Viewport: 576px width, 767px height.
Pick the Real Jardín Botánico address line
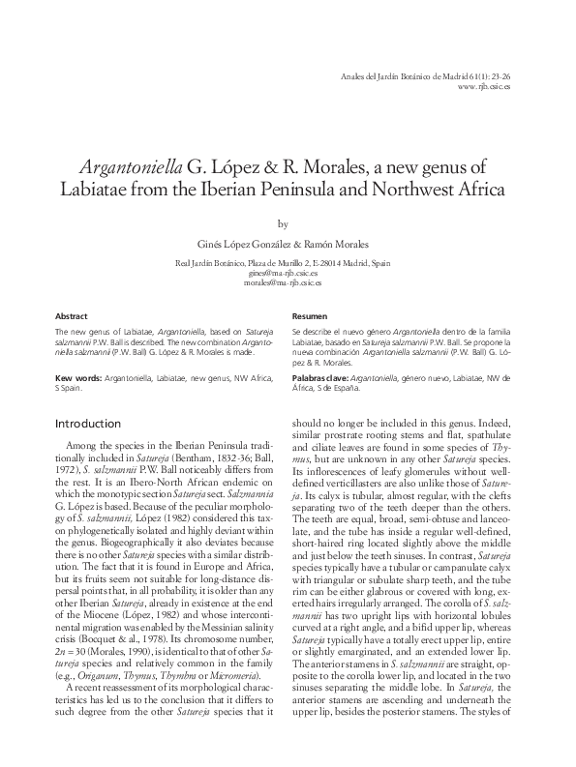[x=283, y=263]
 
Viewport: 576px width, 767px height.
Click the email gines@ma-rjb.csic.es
[x=283, y=273]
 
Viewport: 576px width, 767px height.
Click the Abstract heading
[x=72, y=316]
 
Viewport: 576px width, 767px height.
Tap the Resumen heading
[x=311, y=316]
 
